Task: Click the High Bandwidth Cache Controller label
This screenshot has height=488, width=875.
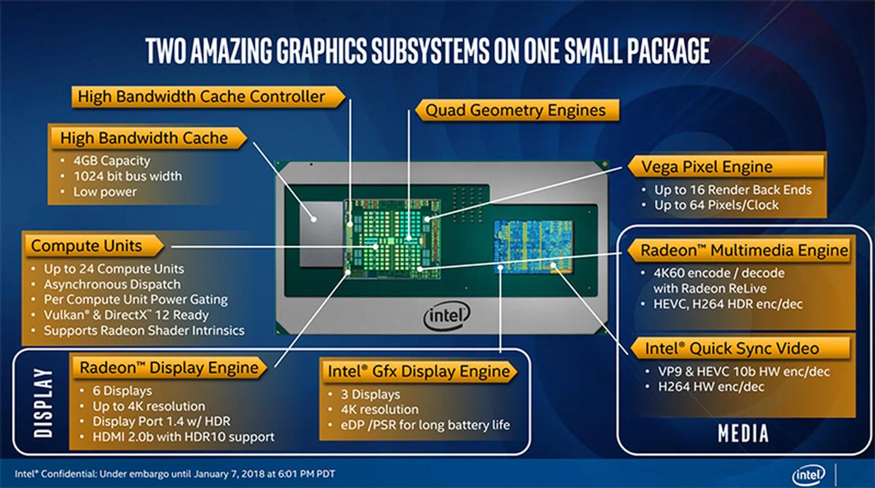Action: [201, 97]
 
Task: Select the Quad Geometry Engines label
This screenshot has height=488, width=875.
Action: [515, 110]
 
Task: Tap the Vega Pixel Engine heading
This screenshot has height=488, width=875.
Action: [707, 167]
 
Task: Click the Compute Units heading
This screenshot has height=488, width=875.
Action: [86, 246]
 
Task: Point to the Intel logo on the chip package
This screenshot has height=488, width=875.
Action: [447, 315]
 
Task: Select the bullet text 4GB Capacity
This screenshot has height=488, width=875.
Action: [112, 161]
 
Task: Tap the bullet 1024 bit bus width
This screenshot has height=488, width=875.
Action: [128, 176]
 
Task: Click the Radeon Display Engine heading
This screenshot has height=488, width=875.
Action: [169, 367]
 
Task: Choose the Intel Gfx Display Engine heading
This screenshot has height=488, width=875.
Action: [419, 371]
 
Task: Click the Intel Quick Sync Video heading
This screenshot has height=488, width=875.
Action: [732, 349]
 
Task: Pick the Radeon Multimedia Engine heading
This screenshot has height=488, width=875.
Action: [744, 250]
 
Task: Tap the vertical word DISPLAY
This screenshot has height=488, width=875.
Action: [43, 402]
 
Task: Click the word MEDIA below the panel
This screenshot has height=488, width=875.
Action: [743, 433]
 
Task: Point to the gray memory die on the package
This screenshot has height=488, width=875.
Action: [321, 234]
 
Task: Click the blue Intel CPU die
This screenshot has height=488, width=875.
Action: [534, 247]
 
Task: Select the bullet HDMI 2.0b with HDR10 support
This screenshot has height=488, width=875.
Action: [183, 437]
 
